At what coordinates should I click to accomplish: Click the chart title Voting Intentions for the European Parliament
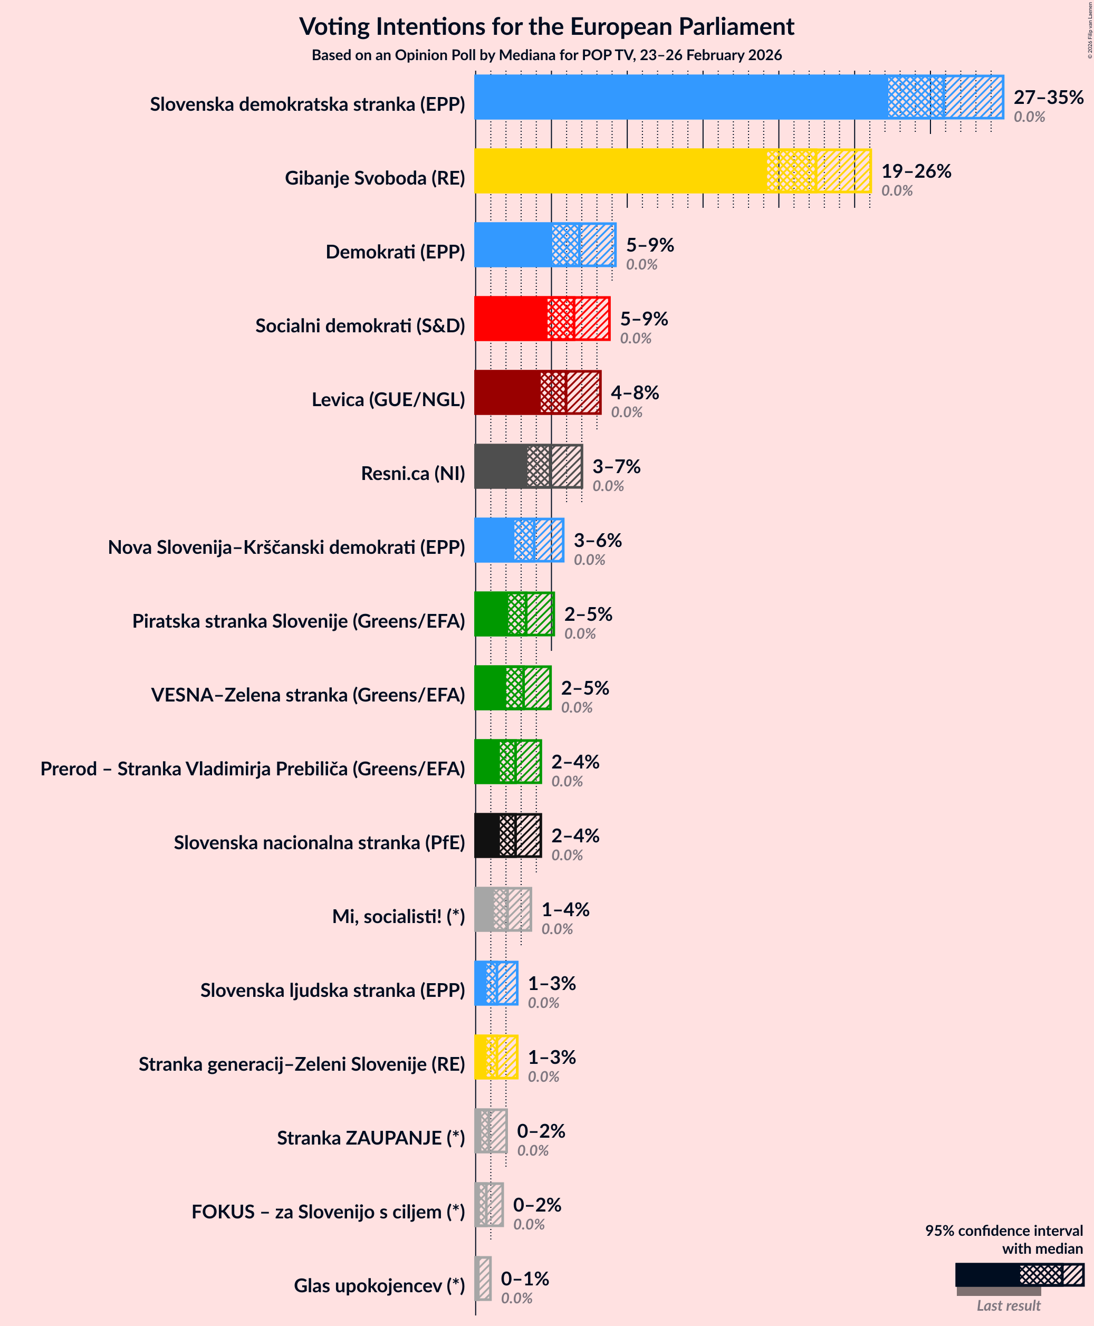coord(546,26)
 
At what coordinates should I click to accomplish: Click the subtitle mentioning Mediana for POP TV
coord(546,55)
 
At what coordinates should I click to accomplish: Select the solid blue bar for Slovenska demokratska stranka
coord(680,97)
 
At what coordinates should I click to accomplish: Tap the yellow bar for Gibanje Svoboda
coord(621,171)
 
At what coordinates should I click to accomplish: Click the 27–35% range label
coord(1048,97)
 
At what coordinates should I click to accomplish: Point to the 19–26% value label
coord(916,171)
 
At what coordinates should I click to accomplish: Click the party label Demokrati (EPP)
coord(395,252)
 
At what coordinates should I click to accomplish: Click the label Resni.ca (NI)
coord(413,473)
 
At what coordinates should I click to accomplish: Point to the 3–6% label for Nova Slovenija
coord(598,540)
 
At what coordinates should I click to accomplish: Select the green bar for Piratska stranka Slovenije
coord(491,614)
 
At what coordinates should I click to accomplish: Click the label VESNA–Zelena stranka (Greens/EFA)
coord(308,695)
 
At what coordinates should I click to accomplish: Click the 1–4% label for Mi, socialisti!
coord(565,909)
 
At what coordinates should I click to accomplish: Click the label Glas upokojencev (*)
coord(379,1286)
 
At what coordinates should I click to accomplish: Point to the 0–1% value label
coord(525,1278)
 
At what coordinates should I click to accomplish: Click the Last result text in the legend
coord(1009,1306)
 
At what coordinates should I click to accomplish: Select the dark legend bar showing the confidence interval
coord(987,1275)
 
